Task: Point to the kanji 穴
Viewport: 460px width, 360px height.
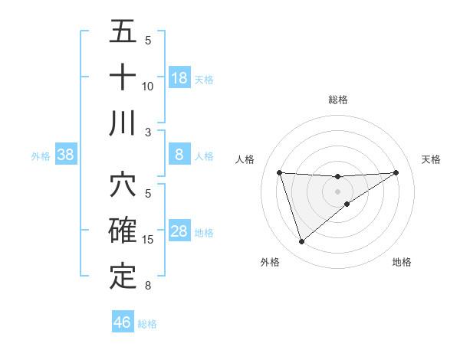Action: (123, 186)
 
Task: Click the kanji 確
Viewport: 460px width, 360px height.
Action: (123, 231)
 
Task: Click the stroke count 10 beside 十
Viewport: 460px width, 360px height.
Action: (148, 86)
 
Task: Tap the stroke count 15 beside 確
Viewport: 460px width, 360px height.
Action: (148, 240)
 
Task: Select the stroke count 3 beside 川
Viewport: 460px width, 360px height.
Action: (148, 132)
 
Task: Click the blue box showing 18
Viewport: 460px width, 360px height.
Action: (179, 77)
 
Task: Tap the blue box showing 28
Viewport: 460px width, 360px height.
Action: (179, 232)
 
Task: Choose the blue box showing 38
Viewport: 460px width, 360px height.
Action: (66, 155)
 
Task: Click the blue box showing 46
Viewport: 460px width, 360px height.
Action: (123, 322)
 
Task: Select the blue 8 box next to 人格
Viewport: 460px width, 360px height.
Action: (179, 155)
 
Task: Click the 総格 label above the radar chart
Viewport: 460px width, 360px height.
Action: (338, 100)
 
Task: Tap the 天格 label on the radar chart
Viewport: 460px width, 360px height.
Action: (432, 159)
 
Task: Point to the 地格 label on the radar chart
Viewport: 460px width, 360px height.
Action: (402, 262)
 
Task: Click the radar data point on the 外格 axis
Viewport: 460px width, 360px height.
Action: (301, 242)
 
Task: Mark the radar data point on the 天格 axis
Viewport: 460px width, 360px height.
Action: (396, 172)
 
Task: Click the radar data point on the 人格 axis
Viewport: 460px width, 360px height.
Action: (279, 172)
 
